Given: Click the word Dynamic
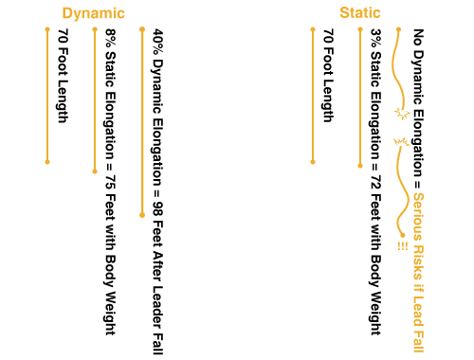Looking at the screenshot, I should pyautogui.click(x=93, y=13).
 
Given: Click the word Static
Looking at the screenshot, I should pyautogui.click(x=360, y=13).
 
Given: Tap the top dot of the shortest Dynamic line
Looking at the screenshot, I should pyautogui.click(x=47, y=29).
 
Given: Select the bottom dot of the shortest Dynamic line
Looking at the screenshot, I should pyautogui.click(x=47, y=162).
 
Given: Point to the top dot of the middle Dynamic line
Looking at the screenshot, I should pyautogui.click(x=95, y=29).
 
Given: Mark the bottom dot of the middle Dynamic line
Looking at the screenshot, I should pyautogui.click(x=95, y=171).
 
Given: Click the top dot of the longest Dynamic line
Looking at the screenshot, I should pyautogui.click(x=142, y=29).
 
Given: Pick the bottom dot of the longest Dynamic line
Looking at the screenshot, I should pyautogui.click(x=142, y=215).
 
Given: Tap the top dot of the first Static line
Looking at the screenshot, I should pyautogui.click(x=313, y=29).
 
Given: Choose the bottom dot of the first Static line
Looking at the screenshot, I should pyautogui.click(x=313, y=162).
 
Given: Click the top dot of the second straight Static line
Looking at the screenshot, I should pyautogui.click(x=360, y=29).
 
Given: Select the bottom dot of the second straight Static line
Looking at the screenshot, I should pyautogui.click(x=360, y=166).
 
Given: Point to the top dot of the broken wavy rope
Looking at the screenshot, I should pyautogui.click(x=398, y=29).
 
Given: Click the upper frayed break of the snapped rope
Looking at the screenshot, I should pyautogui.click(x=402, y=114).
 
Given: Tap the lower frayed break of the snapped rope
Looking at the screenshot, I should pyautogui.click(x=401, y=142).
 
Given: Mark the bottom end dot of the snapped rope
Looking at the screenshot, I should pyautogui.click(x=403, y=235).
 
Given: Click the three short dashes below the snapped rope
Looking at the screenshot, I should pyautogui.click(x=403, y=245).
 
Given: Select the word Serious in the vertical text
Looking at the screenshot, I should pyautogui.click(x=418, y=213).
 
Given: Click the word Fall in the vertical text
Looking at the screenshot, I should pyautogui.click(x=418, y=340).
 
